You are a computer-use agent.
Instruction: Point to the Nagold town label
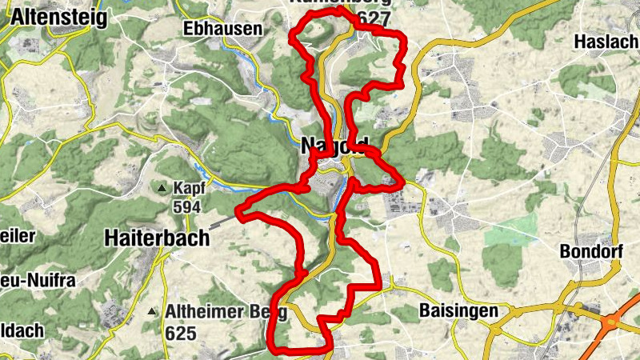click(x=335, y=146)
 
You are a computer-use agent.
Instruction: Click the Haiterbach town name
click(x=157, y=238)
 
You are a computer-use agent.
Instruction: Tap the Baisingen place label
click(x=458, y=310)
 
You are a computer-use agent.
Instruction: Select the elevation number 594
click(x=188, y=206)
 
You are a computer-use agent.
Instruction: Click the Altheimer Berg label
click(x=214, y=311)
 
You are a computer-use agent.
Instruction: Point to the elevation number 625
click(x=181, y=332)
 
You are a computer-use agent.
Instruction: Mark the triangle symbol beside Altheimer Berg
click(x=153, y=311)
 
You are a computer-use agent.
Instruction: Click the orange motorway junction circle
click(x=612, y=322)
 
